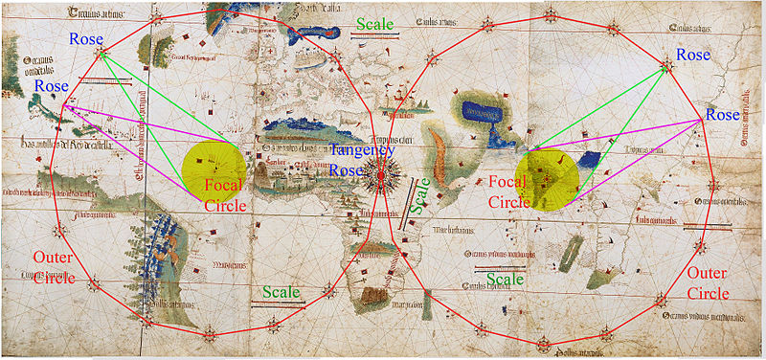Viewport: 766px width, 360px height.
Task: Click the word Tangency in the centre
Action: tap(361, 150)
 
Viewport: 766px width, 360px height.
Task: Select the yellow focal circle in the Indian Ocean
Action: tap(547, 178)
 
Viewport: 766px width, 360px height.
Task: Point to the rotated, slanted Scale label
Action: tap(417, 196)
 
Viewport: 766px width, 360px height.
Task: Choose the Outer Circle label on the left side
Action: tap(52, 267)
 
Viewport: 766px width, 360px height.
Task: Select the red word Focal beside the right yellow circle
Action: tap(507, 181)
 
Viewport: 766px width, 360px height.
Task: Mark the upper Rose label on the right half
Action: tap(693, 56)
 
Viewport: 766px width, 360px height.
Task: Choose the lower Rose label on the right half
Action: tap(723, 115)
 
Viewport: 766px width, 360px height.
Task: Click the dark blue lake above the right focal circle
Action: tap(484, 114)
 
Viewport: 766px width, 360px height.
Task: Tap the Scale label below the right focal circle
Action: tap(505, 279)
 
